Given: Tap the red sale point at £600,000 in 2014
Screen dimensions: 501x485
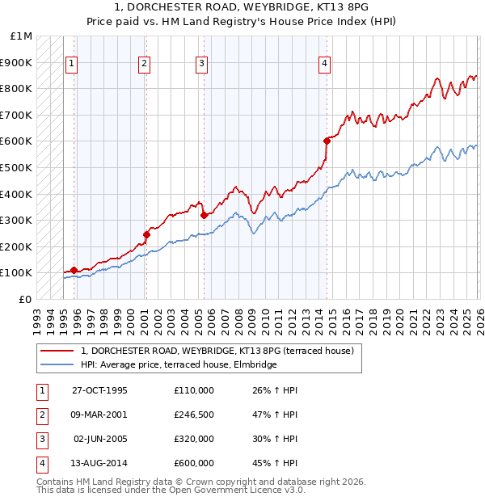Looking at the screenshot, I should (327, 141).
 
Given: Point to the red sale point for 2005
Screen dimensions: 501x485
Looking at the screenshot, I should (204, 215).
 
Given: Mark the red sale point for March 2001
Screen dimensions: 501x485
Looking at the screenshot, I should (146, 234).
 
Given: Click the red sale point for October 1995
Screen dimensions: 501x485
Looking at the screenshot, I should (74, 270).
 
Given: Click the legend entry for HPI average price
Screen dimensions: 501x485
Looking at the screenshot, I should (179, 364).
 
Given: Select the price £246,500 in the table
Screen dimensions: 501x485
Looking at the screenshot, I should (193, 415).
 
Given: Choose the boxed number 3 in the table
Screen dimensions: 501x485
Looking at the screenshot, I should (41, 439).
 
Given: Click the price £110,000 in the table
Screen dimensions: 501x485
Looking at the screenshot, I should (193, 390).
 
